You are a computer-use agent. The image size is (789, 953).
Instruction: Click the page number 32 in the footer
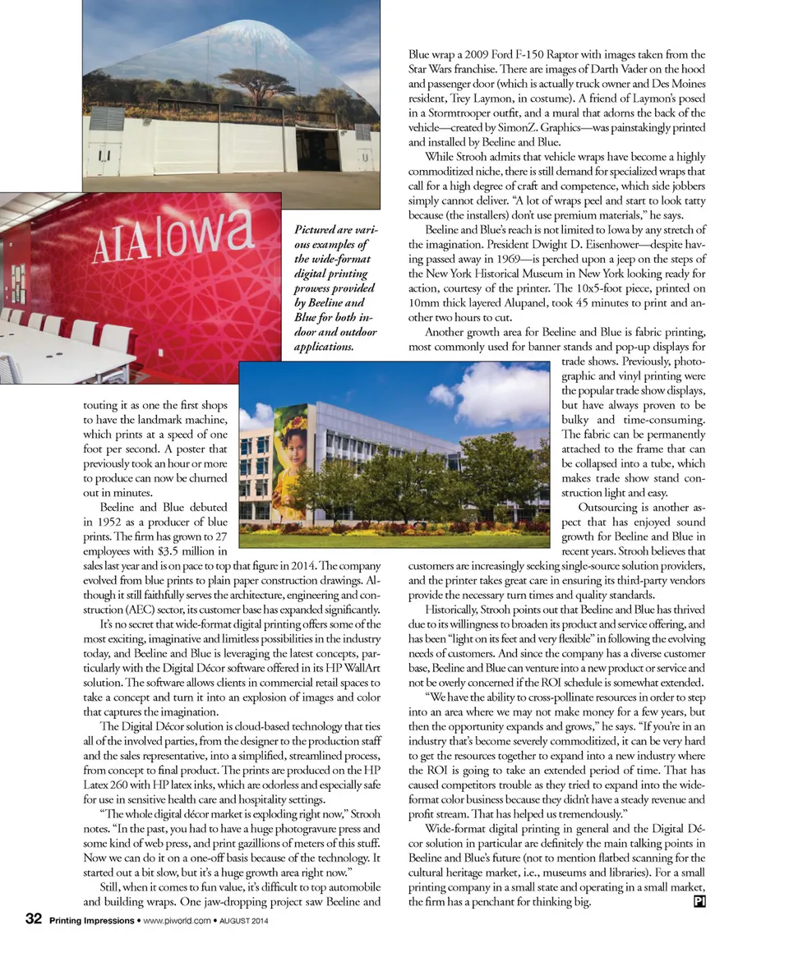tap(34, 920)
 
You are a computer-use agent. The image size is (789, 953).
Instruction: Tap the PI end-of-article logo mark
tap(699, 901)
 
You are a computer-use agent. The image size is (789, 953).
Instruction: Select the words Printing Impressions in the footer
tap(90, 921)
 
